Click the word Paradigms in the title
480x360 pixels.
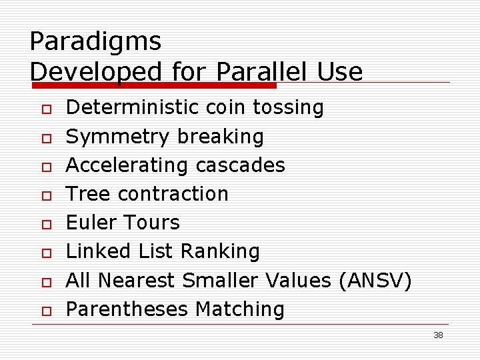[x=95, y=42]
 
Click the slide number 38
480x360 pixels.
[x=438, y=335]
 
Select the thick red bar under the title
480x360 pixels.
[x=153, y=85]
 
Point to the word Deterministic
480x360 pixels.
[x=133, y=107]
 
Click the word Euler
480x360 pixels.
[x=93, y=223]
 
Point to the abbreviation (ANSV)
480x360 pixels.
[x=375, y=281]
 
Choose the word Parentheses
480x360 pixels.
[x=127, y=309]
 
